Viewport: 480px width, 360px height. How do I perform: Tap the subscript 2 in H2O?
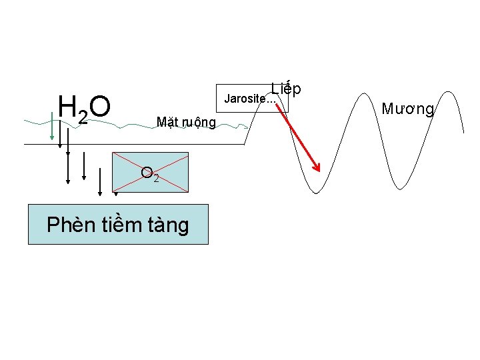pos(82,117)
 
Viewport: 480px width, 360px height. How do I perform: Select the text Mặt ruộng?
pos(185,122)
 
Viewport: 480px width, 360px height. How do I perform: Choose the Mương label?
pos(408,108)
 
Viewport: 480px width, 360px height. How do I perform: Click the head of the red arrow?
pos(317,168)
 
